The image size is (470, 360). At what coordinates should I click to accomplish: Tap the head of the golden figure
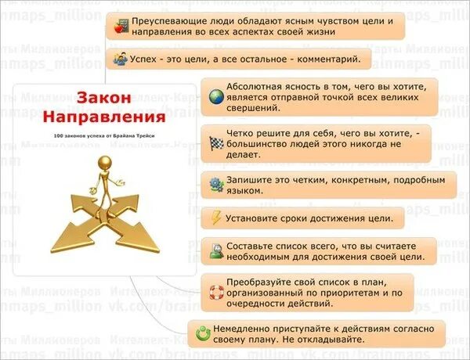[105, 161]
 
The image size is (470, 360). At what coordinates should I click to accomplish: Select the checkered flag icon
[215, 142]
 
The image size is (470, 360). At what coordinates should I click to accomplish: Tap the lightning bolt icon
[215, 218]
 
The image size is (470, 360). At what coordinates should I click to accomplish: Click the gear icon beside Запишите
[215, 185]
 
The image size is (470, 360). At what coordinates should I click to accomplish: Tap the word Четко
[240, 131]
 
